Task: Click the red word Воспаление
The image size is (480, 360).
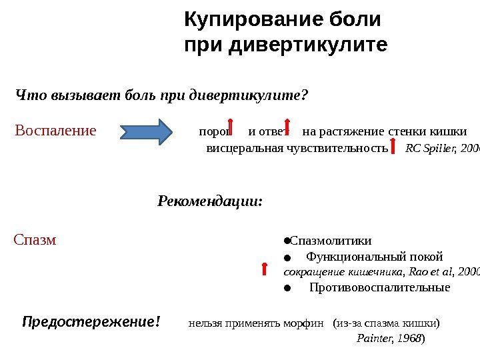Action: [x=55, y=130]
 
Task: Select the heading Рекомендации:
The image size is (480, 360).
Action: [x=210, y=201]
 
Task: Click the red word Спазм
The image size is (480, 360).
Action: [x=35, y=239]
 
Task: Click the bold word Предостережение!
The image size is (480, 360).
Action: [x=91, y=323]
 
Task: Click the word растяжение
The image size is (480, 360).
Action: [x=352, y=130]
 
